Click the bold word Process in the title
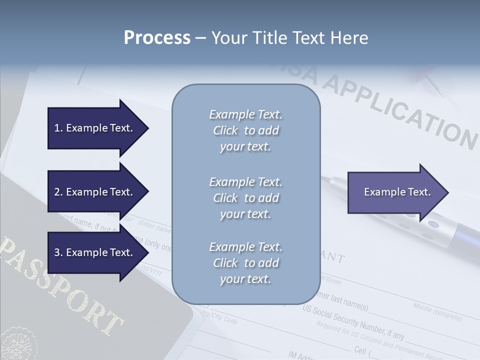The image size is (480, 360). point(157,38)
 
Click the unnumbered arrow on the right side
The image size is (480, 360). point(397,192)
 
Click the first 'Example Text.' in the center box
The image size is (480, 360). point(245,114)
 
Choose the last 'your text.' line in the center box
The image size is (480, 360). point(245,279)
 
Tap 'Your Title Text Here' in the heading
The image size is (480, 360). point(289,38)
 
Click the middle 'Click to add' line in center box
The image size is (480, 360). point(245,198)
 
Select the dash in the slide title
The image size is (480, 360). point(200,38)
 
